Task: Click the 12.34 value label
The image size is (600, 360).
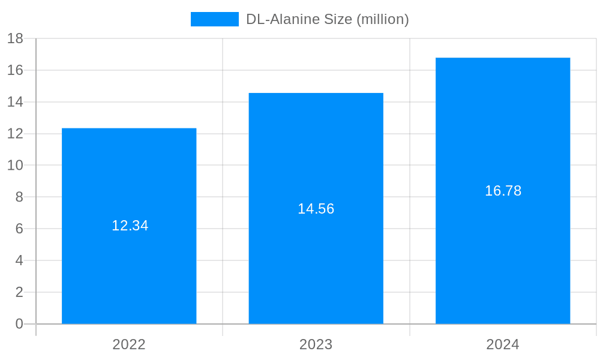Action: click(x=130, y=226)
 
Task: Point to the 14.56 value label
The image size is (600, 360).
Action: click(x=316, y=209)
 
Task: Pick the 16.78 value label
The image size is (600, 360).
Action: click(x=503, y=191)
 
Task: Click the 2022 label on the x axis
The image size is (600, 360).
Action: click(x=129, y=344)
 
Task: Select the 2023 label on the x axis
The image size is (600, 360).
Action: click(x=316, y=344)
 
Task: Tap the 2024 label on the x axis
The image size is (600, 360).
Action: click(x=503, y=344)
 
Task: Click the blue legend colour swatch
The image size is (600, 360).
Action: click(x=214, y=19)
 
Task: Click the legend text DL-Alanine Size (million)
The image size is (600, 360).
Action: click(x=328, y=19)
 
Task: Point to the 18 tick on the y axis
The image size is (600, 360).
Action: click(x=15, y=38)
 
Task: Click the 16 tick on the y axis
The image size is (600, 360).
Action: click(x=15, y=70)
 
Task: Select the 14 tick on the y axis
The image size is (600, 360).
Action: click(x=15, y=102)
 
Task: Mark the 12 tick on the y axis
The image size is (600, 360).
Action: click(x=15, y=134)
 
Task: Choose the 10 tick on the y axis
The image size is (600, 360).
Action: click(x=15, y=165)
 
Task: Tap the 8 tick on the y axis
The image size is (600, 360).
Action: click(x=19, y=197)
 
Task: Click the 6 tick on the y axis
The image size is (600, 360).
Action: click(x=19, y=229)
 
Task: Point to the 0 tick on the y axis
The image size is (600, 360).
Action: click(x=19, y=324)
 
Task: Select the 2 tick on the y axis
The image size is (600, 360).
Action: click(x=19, y=292)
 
